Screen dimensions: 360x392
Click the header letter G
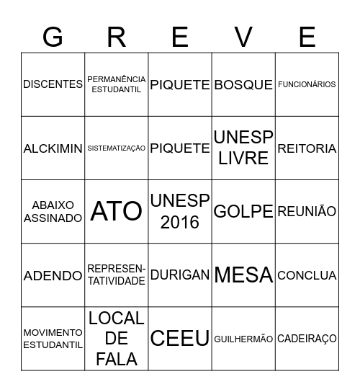pyautogui.click(x=53, y=36)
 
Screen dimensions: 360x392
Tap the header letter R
pyautogui.click(x=117, y=36)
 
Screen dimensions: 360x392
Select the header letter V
pyautogui.click(x=244, y=36)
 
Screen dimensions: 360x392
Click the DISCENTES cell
pyautogui.click(x=53, y=84)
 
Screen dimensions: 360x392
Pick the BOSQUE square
pyautogui.click(x=244, y=84)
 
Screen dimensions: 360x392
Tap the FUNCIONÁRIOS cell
pyautogui.click(x=307, y=84)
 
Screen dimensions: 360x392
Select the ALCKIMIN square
pyautogui.click(x=53, y=148)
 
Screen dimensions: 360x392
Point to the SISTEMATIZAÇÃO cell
pyautogui.click(x=117, y=148)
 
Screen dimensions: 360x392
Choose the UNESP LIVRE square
pyautogui.click(x=244, y=148)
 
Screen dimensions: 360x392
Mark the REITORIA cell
pyautogui.click(x=307, y=148)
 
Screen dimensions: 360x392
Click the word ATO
pyautogui.click(x=117, y=212)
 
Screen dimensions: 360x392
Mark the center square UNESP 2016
pyautogui.click(x=180, y=212)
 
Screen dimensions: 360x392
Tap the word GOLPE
pyautogui.click(x=244, y=212)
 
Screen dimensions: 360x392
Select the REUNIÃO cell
pyautogui.click(x=307, y=212)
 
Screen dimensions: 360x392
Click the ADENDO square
pyautogui.click(x=53, y=275)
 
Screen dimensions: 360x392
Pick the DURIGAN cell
pyautogui.click(x=180, y=275)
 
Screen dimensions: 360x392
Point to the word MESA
pyautogui.click(x=244, y=275)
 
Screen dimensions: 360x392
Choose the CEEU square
pyautogui.click(x=180, y=338)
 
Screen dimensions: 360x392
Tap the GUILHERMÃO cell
pyautogui.click(x=244, y=339)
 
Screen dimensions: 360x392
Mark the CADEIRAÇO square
pyautogui.click(x=307, y=339)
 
